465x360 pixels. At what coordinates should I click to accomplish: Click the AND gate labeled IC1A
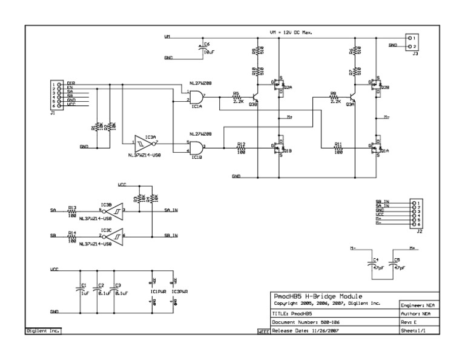coord(196,96)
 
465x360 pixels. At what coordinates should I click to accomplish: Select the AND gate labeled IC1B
coord(196,147)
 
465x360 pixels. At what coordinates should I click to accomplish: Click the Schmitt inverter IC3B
coord(113,210)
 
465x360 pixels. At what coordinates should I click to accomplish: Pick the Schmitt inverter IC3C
coord(113,235)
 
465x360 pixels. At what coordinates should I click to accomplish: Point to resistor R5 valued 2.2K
coord(237,96)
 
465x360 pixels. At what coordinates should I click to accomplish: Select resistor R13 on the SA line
coord(72,210)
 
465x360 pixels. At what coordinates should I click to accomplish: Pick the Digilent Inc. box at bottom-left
coord(43,332)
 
